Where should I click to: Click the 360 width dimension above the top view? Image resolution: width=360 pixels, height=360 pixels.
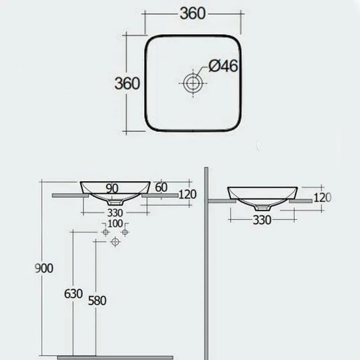192,13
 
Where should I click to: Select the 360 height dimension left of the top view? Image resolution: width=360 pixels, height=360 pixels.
127,83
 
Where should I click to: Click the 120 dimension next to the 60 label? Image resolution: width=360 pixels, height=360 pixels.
187,195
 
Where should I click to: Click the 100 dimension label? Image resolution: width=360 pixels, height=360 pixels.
115,223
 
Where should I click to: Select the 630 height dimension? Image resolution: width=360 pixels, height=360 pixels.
73,293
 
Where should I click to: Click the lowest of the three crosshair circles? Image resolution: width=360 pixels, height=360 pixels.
115,241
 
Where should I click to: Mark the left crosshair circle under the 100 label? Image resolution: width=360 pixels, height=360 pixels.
105,232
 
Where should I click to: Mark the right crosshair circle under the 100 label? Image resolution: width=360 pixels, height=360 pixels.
124,232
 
